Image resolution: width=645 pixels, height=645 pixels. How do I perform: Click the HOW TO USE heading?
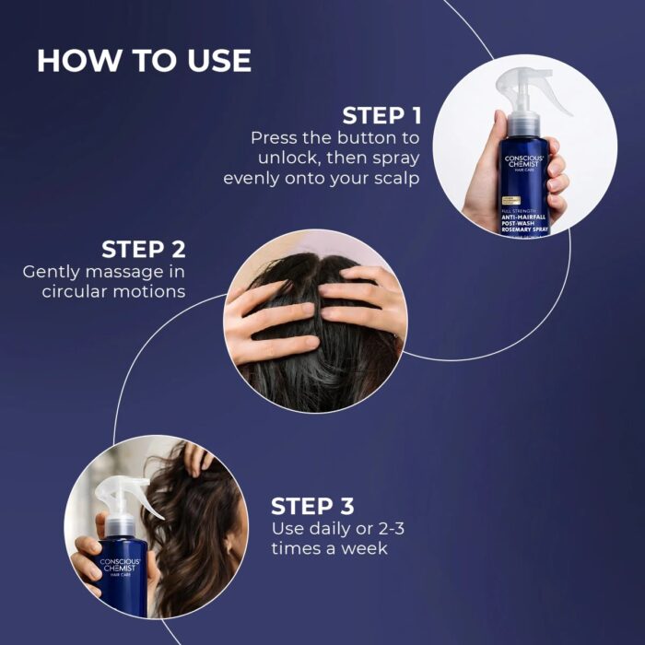(144, 61)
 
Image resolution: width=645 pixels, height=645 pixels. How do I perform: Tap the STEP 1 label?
(381, 116)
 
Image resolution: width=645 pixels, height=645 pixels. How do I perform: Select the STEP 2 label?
(143, 250)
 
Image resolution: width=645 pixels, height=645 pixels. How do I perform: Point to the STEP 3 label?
(312, 507)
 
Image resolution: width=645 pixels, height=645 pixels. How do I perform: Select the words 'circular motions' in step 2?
(113, 292)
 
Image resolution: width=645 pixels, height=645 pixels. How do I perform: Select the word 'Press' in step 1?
(276, 137)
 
